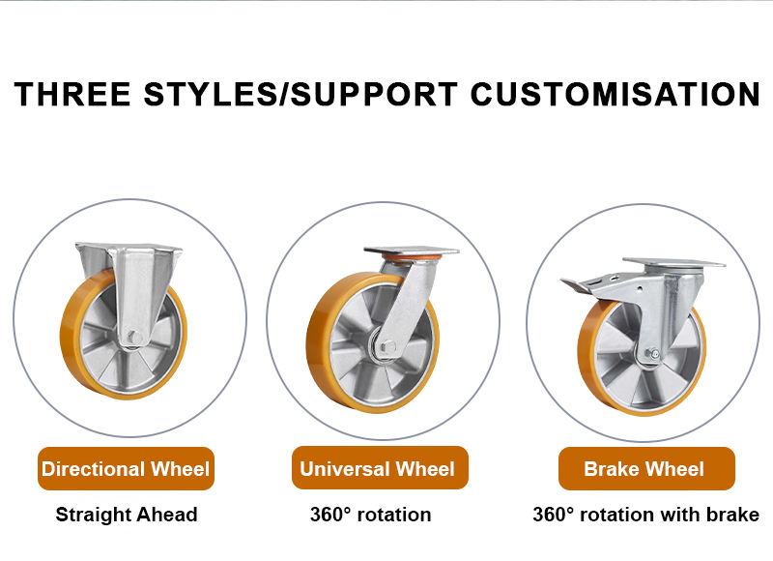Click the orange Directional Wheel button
(126, 469)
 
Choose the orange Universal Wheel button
(378, 469)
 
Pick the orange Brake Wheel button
(644, 469)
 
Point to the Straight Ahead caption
(127, 515)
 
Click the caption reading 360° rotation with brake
(645, 515)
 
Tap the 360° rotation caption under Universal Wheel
(371, 515)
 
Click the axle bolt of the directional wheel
(134, 338)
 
